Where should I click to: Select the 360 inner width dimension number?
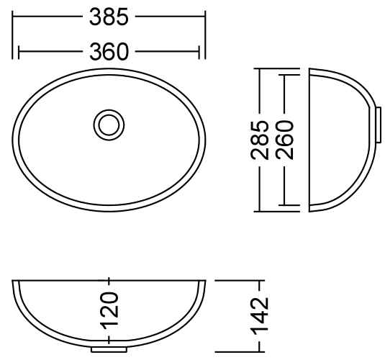108,52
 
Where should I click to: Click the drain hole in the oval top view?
109,124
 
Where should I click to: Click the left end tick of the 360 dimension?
19,52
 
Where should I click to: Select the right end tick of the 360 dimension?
199,52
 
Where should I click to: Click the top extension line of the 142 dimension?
237,278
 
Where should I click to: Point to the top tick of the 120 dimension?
109,278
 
